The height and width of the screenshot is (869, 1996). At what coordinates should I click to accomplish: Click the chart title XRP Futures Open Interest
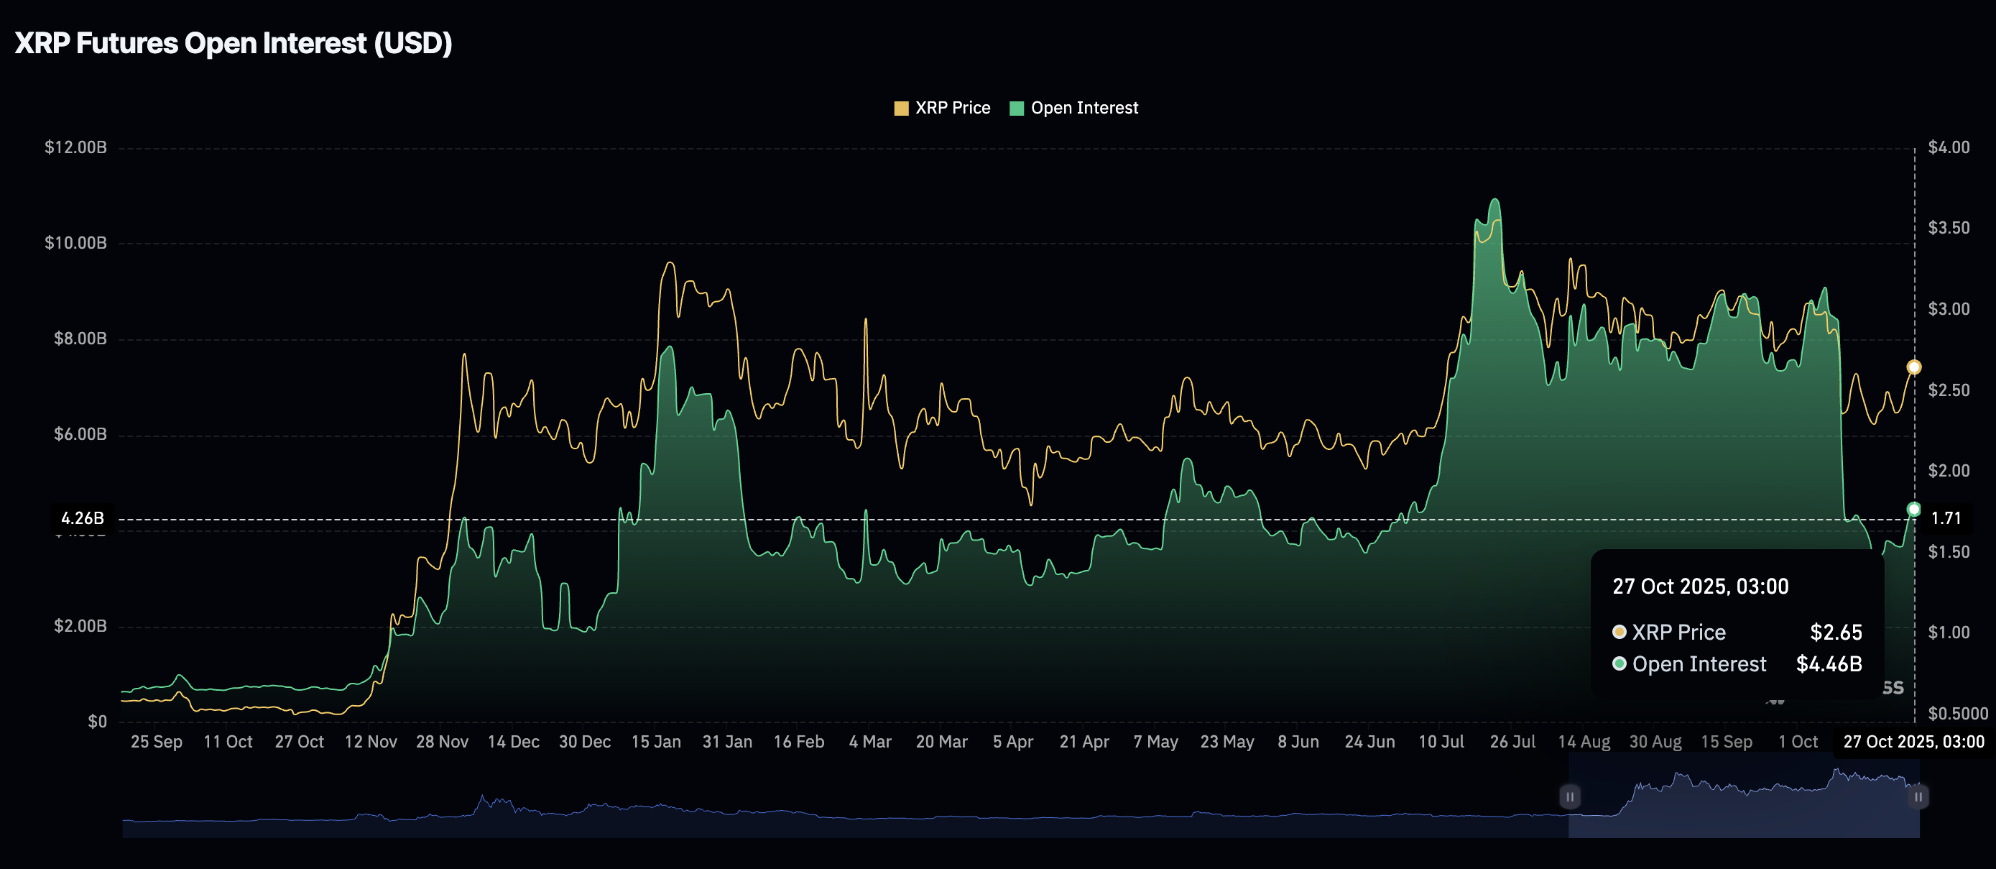coord(234,43)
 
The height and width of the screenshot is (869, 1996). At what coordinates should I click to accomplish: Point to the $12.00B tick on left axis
coord(76,147)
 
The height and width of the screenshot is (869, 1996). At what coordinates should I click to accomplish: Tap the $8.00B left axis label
coord(80,338)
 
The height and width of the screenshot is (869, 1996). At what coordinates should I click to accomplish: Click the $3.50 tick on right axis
coord(1948,228)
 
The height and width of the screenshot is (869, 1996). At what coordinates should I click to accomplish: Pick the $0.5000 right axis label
coord(1957,713)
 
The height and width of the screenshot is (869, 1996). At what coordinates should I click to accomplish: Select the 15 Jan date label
coord(655,742)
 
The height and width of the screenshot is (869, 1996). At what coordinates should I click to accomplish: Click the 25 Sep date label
coord(157,742)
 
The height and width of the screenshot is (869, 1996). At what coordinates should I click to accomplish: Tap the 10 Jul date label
coord(1441,742)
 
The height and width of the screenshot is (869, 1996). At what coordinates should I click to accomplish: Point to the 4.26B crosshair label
coord(82,518)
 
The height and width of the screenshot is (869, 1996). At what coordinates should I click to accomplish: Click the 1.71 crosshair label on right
coord(1946,518)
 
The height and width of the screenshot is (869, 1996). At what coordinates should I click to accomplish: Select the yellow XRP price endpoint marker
coord(1913,367)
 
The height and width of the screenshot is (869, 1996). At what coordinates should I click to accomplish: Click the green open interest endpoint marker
coord(1913,510)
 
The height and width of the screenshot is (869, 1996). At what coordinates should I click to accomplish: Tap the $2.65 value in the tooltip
coord(1835,633)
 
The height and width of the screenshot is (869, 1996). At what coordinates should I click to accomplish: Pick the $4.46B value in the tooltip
coord(1828,664)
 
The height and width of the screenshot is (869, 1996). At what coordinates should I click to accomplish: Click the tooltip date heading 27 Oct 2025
coord(1700,586)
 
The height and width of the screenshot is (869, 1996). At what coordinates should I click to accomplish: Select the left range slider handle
coord(1569,796)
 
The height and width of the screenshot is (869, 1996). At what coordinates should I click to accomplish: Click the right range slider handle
coord(1918,796)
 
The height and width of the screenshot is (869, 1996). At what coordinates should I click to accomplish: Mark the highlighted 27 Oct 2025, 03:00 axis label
coord(1913,742)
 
